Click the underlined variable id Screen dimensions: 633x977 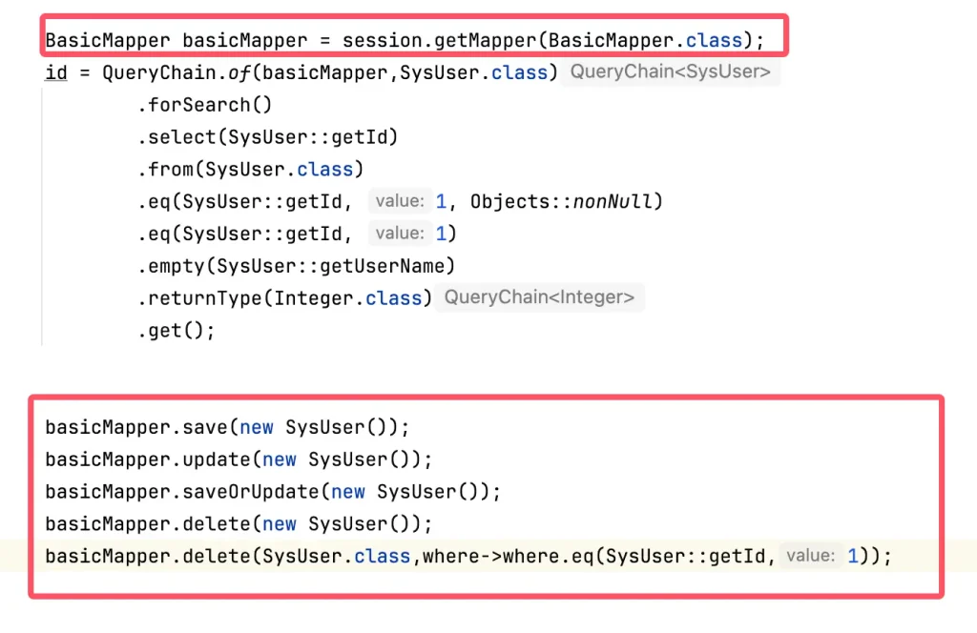(56, 72)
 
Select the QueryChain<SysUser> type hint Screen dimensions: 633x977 (670, 72)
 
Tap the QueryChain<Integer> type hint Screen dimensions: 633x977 (539, 297)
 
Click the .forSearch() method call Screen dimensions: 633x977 (197, 105)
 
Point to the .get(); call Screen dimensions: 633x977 (177, 331)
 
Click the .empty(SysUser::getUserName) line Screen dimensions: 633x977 (297, 265)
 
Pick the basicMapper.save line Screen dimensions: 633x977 (227, 427)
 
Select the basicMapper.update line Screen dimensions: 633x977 (239, 459)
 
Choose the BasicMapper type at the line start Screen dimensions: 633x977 (108, 40)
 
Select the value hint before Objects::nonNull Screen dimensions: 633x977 (399, 201)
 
